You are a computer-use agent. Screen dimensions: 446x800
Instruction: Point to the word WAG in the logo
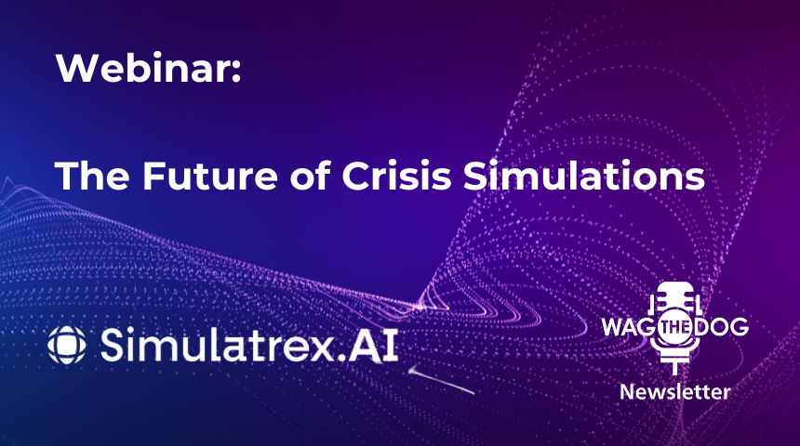pos(626,328)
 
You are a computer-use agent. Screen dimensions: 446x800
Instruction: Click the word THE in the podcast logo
pos(674,328)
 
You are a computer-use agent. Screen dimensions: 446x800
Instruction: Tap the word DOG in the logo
pos(723,328)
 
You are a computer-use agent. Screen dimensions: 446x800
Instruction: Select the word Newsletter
pos(674,391)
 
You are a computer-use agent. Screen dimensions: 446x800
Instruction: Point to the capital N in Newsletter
pos(626,391)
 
